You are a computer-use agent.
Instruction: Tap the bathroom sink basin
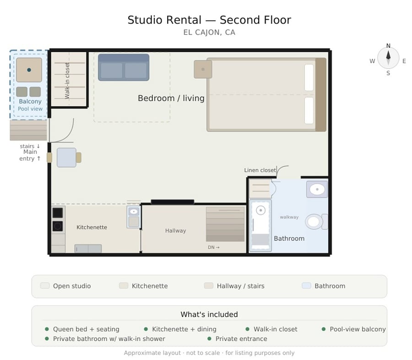317,189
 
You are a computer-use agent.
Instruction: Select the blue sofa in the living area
124,67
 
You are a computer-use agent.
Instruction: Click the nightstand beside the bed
203,69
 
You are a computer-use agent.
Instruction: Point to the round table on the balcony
29,70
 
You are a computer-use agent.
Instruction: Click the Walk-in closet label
67,81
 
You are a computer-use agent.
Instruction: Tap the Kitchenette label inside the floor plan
92,227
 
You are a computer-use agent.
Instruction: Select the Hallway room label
175,231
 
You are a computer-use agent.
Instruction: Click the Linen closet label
260,170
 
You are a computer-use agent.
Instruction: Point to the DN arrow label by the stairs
214,247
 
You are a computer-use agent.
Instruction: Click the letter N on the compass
388,46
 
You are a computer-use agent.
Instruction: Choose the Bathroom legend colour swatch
306,286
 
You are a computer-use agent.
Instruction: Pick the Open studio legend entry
65,286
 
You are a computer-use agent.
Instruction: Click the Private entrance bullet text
241,338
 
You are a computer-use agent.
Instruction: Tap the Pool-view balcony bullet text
358,329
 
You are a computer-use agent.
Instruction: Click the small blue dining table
66,158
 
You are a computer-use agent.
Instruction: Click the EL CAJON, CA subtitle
209,33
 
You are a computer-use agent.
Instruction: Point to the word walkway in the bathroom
289,217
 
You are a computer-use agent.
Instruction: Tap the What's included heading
209,314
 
